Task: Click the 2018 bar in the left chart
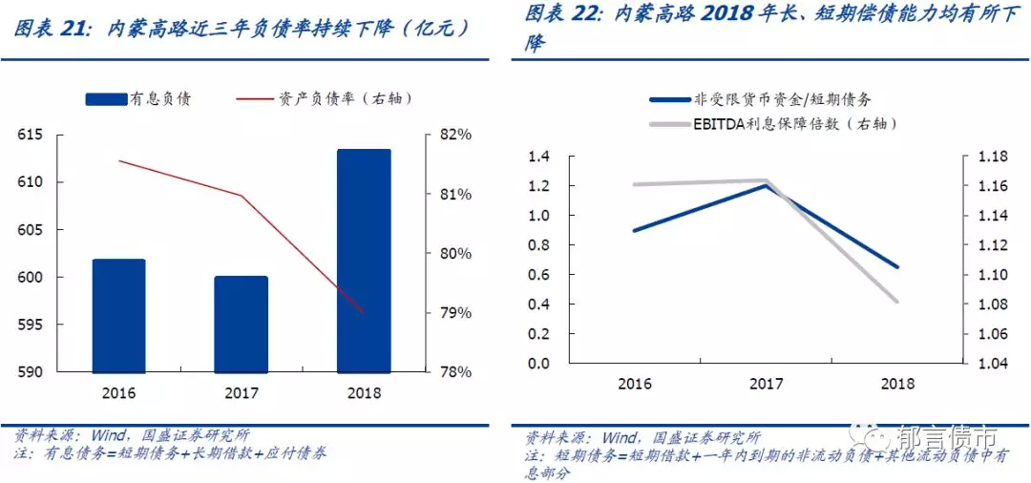click(364, 260)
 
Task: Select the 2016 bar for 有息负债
click(118, 315)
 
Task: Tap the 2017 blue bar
click(241, 324)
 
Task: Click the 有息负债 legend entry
click(137, 98)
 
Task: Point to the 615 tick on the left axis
click(31, 135)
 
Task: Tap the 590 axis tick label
click(31, 372)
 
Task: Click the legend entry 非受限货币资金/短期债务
click(760, 98)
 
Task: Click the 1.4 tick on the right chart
click(540, 157)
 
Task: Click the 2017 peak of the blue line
click(766, 185)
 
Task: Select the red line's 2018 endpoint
click(364, 312)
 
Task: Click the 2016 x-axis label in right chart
click(635, 384)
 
